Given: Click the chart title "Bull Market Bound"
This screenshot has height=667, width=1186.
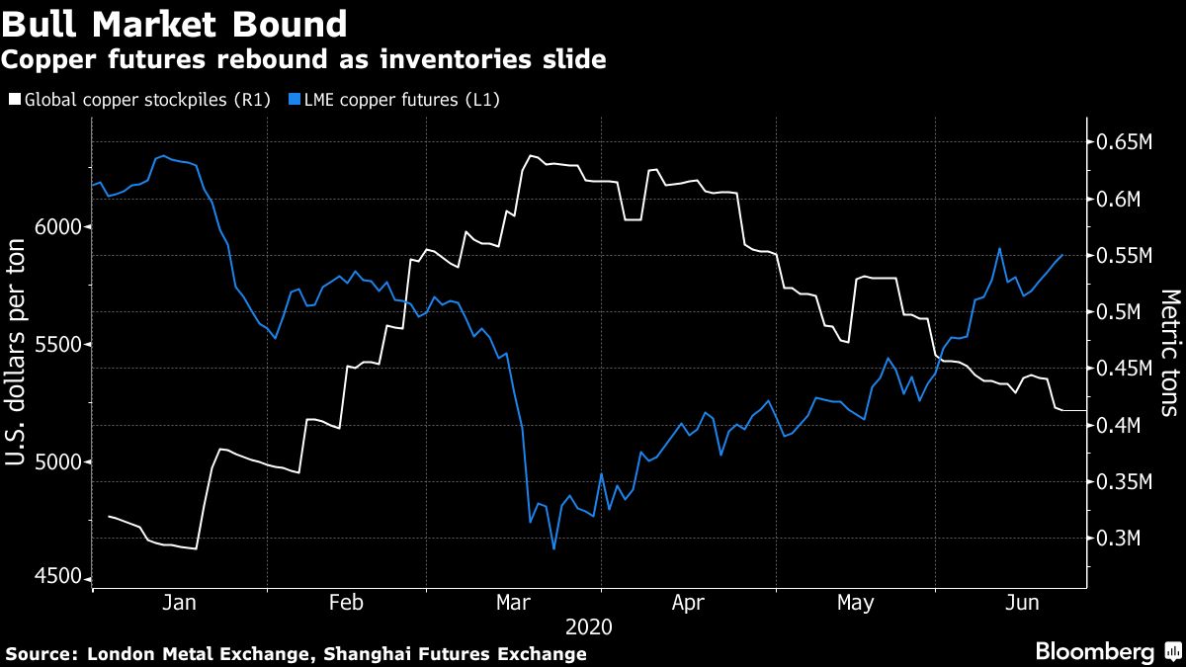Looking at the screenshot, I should [x=174, y=24].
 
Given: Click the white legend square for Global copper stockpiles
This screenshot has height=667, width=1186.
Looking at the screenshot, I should [x=13, y=100].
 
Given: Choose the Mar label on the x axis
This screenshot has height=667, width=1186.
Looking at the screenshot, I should [x=514, y=603].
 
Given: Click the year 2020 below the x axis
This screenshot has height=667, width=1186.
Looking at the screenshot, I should [x=589, y=627].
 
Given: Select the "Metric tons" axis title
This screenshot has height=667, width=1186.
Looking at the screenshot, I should [x=1170, y=353].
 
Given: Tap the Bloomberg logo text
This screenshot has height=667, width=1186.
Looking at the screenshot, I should [x=1094, y=651].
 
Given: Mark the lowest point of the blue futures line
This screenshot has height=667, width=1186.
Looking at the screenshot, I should [x=553, y=548].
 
